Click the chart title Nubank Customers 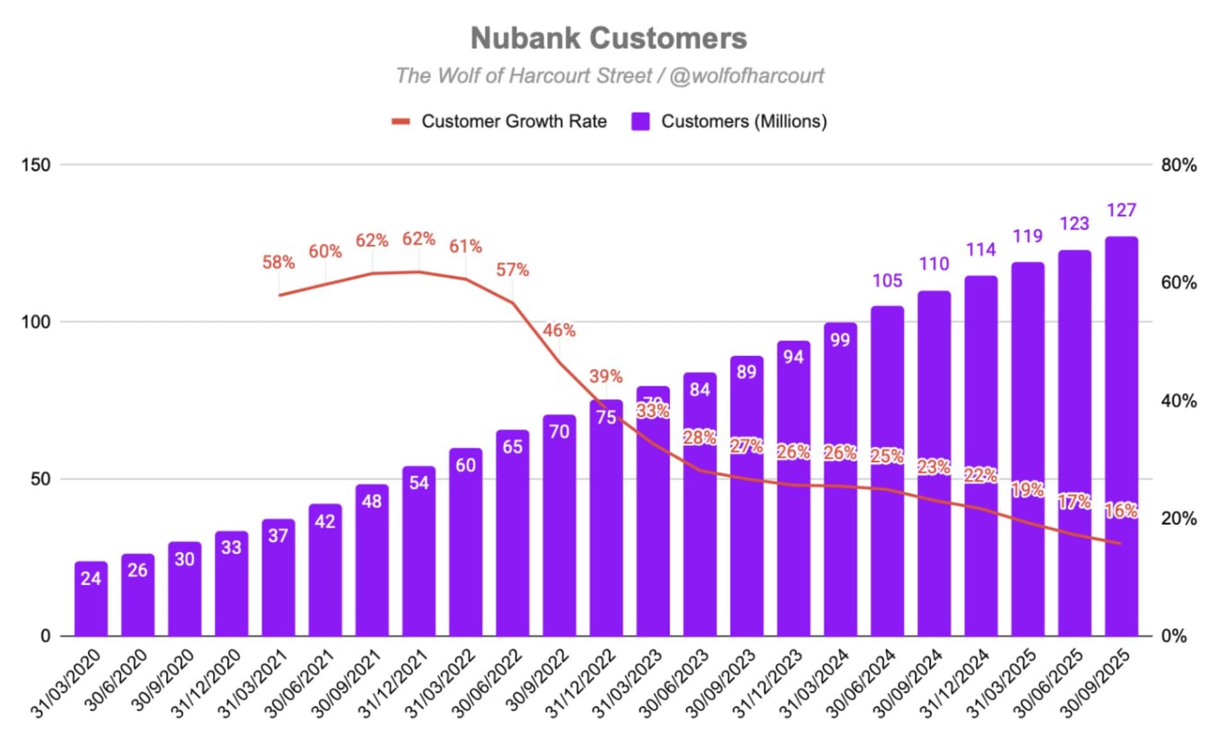609,38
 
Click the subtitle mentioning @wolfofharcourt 609,76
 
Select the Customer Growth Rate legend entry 500,121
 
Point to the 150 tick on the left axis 36,165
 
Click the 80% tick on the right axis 1178,165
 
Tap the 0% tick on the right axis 1173,636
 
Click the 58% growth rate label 278,262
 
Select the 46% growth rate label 559,330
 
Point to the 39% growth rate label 605,376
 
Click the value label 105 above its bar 887,281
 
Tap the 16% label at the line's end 1121,510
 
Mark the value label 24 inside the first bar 91,578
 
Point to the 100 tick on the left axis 36,322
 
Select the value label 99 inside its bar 840,340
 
